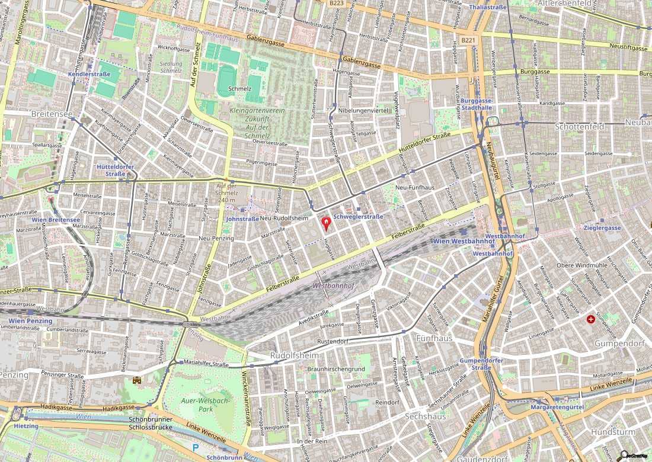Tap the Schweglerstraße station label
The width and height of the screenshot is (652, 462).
coord(359,217)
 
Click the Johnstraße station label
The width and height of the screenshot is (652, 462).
coord(242,219)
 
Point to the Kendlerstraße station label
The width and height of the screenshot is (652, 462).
coord(90,75)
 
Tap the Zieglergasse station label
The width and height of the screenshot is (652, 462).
coord(602,228)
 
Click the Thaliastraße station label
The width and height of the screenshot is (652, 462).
coord(488,7)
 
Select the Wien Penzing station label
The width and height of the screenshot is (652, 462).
coord(30,320)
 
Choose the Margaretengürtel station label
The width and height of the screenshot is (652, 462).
coord(557,408)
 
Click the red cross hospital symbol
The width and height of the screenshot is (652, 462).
coord(590,319)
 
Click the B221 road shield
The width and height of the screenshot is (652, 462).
coord(468,40)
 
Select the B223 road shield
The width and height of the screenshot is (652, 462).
coord(336,3)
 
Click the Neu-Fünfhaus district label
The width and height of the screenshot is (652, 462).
coord(415,188)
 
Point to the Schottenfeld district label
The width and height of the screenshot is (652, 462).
coord(579,127)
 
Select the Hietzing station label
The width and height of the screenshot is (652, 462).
coord(25,426)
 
